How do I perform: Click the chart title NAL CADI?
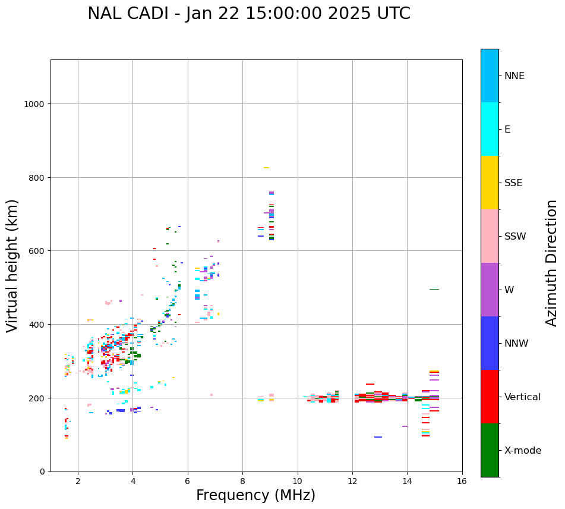point(249,14)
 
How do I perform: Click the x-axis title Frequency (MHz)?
point(255,495)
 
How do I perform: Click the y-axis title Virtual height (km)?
point(12,266)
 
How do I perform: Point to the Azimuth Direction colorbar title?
point(552,263)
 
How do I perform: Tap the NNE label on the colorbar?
point(515,76)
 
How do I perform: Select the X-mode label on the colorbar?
point(523,451)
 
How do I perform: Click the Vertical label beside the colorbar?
point(523,397)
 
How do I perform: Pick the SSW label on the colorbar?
point(515,237)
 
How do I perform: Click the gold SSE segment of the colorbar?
point(490,183)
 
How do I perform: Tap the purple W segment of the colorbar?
point(490,290)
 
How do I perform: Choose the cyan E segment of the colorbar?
point(490,129)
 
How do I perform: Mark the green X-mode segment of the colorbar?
point(490,450)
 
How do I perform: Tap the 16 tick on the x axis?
point(462,482)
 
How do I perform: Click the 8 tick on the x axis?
point(242,482)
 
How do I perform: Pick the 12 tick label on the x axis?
point(352,482)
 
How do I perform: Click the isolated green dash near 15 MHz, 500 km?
point(434,290)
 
